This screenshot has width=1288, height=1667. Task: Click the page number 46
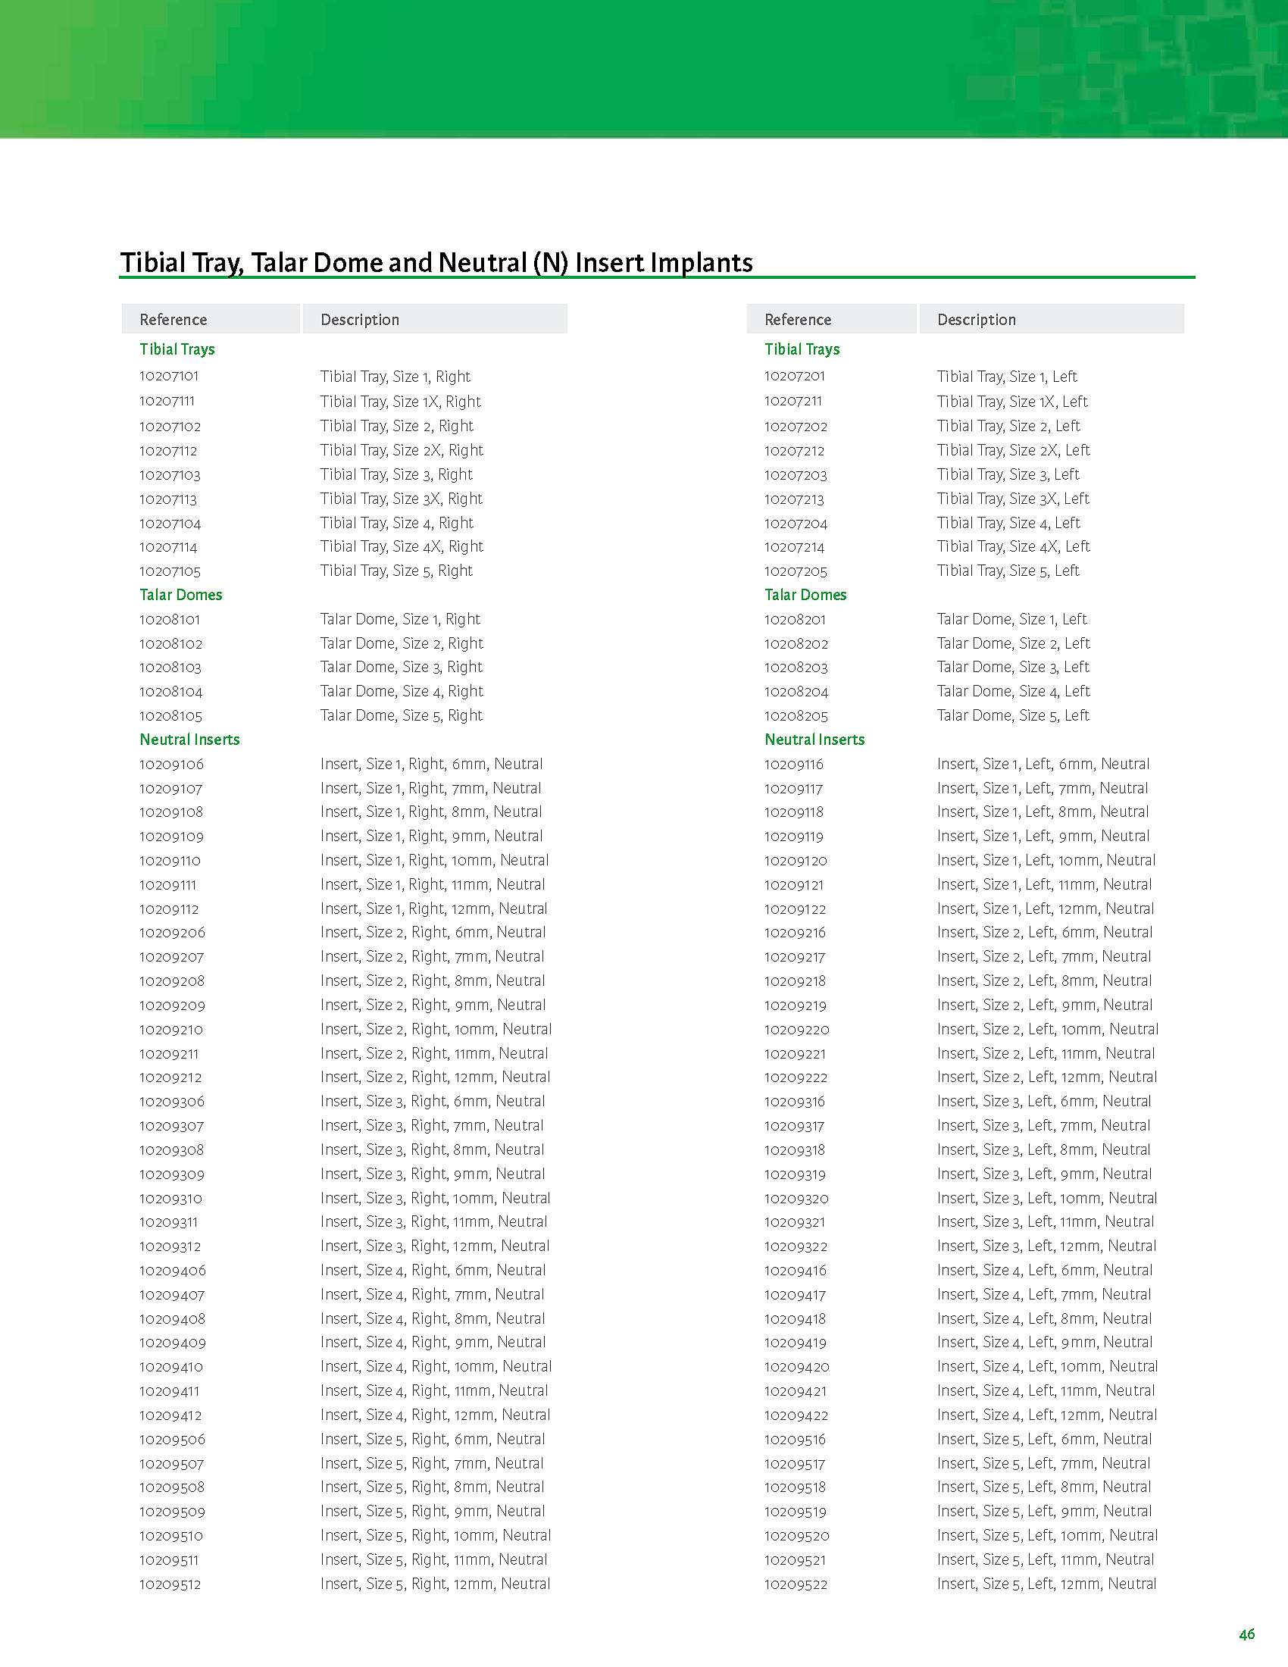coord(1247,1634)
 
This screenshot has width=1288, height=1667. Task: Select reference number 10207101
coord(169,377)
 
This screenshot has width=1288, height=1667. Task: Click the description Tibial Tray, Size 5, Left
coord(1008,571)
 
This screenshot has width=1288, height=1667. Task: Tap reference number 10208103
coord(170,668)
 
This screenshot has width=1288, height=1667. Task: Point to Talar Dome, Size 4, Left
coord(1013,692)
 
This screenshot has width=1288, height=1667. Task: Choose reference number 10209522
coord(796,1584)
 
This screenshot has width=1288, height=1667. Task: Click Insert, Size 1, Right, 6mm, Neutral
coord(431,764)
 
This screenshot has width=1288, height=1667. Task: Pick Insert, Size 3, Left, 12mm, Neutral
coord(1046,1246)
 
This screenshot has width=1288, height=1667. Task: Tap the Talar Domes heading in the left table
coord(181,596)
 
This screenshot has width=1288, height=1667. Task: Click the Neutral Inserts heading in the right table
coord(814,740)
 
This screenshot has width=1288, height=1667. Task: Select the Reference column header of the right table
coord(797,320)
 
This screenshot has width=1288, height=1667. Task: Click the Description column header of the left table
coord(359,320)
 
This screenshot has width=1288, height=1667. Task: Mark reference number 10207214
coord(794,547)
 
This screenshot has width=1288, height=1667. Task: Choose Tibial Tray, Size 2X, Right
coord(402,450)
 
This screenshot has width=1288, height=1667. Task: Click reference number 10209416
coord(795,1271)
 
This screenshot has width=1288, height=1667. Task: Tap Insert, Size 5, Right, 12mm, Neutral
coord(435,1584)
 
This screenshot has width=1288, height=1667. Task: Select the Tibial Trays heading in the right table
coord(802,349)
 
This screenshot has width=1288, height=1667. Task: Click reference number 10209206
coord(172,933)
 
